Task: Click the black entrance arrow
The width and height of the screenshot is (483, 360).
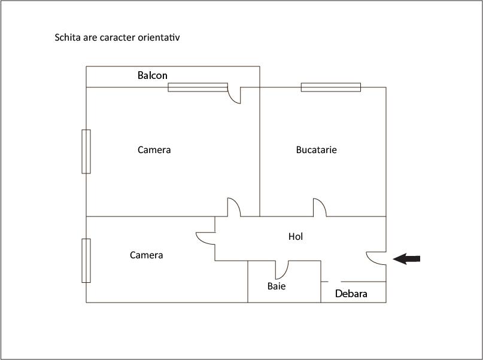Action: pos(407,258)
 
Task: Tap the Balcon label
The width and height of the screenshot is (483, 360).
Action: pos(153,75)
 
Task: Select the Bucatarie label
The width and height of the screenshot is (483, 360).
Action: pos(317,150)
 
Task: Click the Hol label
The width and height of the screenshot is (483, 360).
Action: pos(296,237)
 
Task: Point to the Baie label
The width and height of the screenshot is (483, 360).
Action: pos(277,286)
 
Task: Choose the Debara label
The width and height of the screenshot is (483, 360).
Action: pos(351,294)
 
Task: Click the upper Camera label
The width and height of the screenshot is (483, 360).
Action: pos(154,150)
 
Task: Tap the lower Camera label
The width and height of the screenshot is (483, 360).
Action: pos(147,255)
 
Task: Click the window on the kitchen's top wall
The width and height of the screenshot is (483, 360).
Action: pos(331,87)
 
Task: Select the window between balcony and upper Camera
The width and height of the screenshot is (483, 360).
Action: pos(198,87)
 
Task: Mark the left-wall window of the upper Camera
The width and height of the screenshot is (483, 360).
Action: pos(86,151)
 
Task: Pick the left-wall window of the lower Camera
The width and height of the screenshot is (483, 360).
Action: pos(86,260)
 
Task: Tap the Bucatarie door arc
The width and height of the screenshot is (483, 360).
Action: pos(320,208)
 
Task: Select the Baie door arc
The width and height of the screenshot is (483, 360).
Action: pos(282,270)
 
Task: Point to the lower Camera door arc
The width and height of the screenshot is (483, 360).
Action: pos(205,237)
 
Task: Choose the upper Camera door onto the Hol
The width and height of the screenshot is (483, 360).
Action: pos(233,207)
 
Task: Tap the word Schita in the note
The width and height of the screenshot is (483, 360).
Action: pos(66,37)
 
